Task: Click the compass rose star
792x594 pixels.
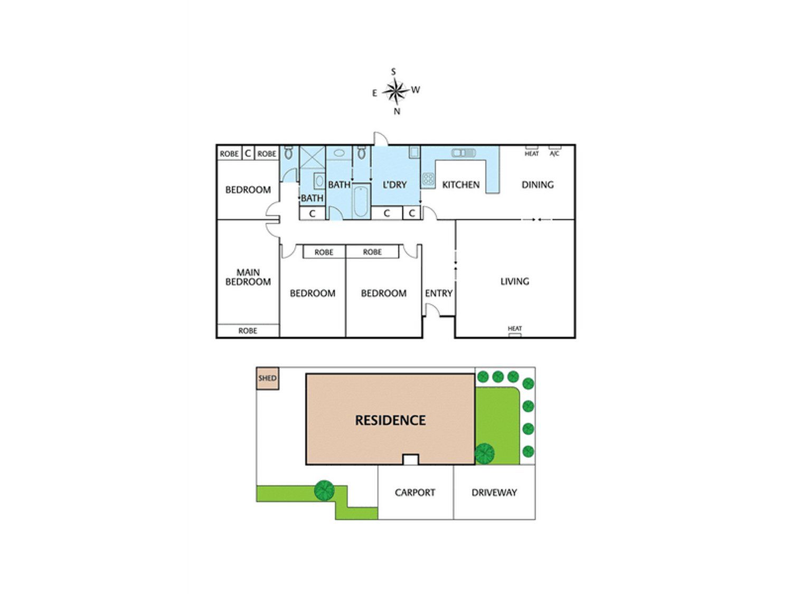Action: pyautogui.click(x=396, y=91)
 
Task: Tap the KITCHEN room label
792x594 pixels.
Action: pyautogui.click(x=461, y=185)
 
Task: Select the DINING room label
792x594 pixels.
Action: pyautogui.click(x=538, y=185)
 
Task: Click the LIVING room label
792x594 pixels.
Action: pyautogui.click(x=514, y=281)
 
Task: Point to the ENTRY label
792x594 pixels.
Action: pyautogui.click(x=438, y=293)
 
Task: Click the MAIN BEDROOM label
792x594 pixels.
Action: pyautogui.click(x=248, y=277)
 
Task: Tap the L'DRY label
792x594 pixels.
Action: pyautogui.click(x=394, y=185)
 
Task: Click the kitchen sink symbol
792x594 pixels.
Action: pyautogui.click(x=463, y=153)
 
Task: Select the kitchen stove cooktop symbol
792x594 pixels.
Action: pyautogui.click(x=428, y=179)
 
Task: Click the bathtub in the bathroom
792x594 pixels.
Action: pyautogui.click(x=361, y=201)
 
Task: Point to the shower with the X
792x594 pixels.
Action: pyautogui.click(x=313, y=157)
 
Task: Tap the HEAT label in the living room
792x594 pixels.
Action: pyautogui.click(x=514, y=328)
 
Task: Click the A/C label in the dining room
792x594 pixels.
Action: pyautogui.click(x=554, y=154)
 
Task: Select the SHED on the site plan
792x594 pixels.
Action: pyautogui.click(x=267, y=379)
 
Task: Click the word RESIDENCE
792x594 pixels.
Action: pyautogui.click(x=390, y=420)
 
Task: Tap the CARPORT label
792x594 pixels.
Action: pyautogui.click(x=415, y=493)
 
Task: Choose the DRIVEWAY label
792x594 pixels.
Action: pyautogui.click(x=494, y=493)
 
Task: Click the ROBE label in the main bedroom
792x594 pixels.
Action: pyautogui.click(x=248, y=331)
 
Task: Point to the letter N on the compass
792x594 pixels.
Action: pyautogui.click(x=397, y=111)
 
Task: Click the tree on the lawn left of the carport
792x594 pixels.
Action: pyautogui.click(x=324, y=491)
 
